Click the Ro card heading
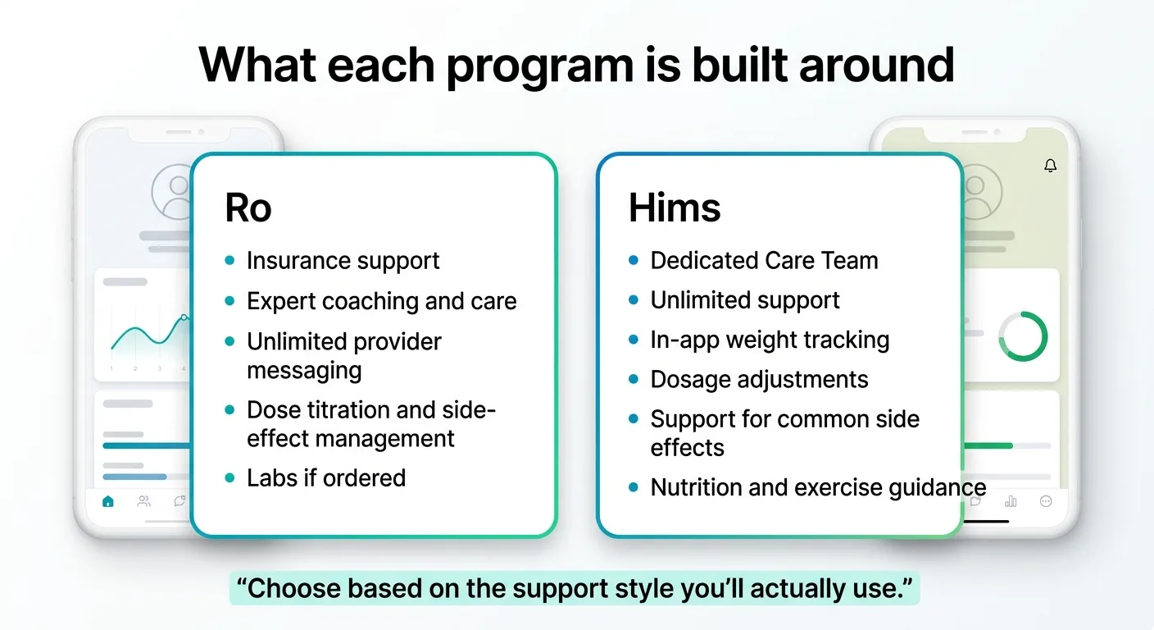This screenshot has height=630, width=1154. tap(248, 208)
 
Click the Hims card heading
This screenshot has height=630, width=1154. tap(675, 208)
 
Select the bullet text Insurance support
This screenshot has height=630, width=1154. tap(343, 261)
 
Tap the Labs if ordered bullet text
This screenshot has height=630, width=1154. tap(326, 477)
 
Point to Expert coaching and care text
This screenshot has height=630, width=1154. tap(381, 301)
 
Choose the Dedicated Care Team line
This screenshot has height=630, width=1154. tap(764, 261)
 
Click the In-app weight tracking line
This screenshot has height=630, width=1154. tap(770, 340)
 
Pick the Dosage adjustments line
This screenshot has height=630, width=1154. tap(759, 380)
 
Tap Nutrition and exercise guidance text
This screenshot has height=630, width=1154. tap(818, 487)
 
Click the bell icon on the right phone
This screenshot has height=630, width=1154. tap(1050, 166)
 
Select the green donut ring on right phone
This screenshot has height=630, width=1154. tap(1023, 336)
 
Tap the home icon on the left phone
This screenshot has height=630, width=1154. tap(107, 501)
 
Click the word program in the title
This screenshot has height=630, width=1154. tap(538, 66)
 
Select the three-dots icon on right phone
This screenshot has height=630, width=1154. tap(1046, 501)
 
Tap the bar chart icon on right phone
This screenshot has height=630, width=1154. tap(1011, 501)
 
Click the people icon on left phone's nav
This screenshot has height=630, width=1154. tap(143, 501)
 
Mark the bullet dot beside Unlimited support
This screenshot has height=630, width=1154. tap(633, 300)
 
